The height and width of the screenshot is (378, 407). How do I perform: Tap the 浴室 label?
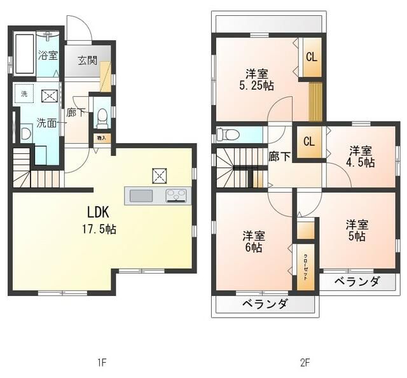click(x=48, y=55)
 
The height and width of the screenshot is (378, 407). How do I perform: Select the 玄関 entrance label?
click(x=87, y=61)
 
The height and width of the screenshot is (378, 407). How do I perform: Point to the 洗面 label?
click(x=46, y=122)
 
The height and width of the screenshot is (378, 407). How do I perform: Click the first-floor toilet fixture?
click(x=101, y=118)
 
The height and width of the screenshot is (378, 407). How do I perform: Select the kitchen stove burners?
click(x=176, y=195)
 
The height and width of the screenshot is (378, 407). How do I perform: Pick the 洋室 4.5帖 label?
click(x=361, y=157)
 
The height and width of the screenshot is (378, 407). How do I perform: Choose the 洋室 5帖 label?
click(x=357, y=230)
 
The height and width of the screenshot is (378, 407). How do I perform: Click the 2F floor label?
click(x=305, y=363)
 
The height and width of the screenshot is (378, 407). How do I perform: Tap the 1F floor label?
click(x=101, y=363)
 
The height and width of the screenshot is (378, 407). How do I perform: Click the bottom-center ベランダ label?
click(x=265, y=304)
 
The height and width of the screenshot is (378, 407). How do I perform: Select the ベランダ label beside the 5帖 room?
click(x=357, y=282)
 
